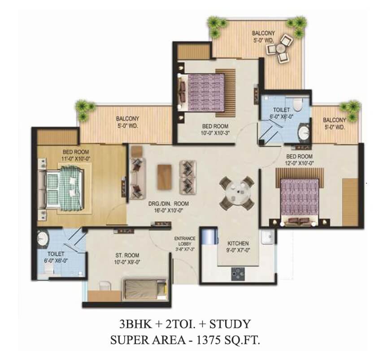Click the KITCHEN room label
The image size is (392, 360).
(x=238, y=244)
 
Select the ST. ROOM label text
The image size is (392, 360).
(x=127, y=255)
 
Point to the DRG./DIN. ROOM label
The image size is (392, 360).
(x=169, y=204)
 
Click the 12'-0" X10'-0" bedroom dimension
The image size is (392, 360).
(x=300, y=163)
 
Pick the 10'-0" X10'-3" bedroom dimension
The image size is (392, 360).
(x=215, y=133)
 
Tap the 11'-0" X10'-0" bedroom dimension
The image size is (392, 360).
(x=75, y=159)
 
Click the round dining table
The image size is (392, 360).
(x=237, y=193)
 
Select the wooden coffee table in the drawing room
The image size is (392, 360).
(x=165, y=176)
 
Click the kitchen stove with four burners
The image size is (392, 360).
(x=238, y=274)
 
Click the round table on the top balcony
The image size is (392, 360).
(x=280, y=48)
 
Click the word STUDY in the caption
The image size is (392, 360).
(x=230, y=324)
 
